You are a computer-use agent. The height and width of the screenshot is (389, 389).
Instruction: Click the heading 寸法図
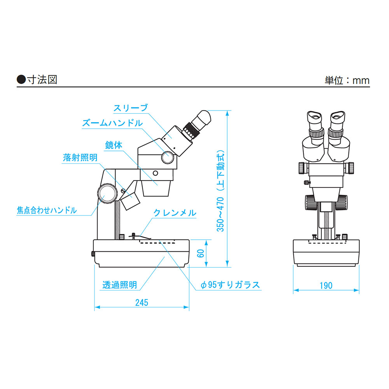[x=42, y=80]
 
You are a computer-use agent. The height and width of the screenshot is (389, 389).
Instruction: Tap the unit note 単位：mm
[x=347, y=81]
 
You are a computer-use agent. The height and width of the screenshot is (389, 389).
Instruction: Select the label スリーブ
[x=130, y=108]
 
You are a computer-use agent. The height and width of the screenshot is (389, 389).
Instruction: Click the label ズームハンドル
[x=112, y=123]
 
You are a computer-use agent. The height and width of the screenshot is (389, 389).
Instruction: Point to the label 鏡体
[x=114, y=145]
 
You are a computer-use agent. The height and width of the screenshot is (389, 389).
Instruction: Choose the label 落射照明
[x=80, y=158]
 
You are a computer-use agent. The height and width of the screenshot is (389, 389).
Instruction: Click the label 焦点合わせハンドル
[x=47, y=210]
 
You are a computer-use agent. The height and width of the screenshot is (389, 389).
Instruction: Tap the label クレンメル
[x=175, y=213]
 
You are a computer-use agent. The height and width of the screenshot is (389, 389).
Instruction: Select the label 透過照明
[x=119, y=285]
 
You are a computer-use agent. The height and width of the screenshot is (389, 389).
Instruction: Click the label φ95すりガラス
[x=230, y=285]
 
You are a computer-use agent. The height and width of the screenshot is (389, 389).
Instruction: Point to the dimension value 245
[x=142, y=303]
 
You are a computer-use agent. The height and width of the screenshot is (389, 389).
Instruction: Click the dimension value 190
[x=326, y=286]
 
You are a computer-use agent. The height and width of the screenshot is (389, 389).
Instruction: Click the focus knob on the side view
[x=108, y=193]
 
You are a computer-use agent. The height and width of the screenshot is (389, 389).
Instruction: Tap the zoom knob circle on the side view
[x=168, y=157]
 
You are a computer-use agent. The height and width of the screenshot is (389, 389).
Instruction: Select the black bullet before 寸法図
[x=21, y=80]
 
